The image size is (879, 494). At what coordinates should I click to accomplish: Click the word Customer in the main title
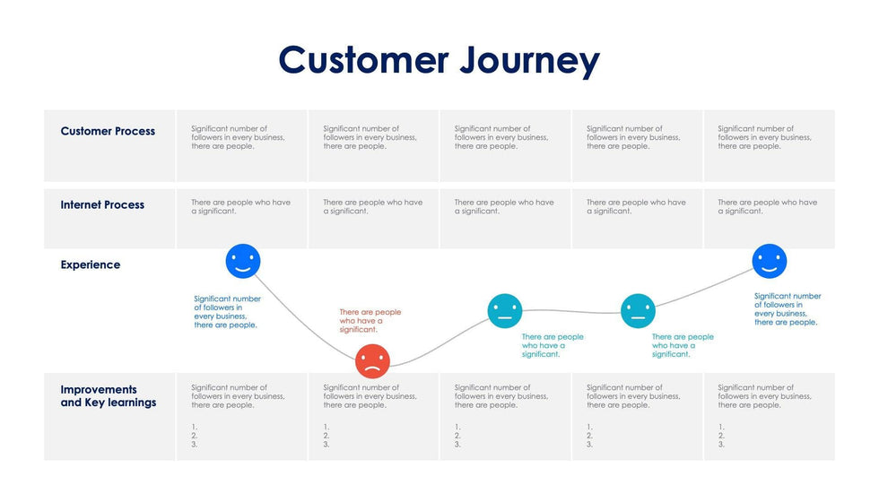point(363,60)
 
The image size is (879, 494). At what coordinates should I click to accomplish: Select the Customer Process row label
point(108,131)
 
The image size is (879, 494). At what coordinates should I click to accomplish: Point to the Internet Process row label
point(102,204)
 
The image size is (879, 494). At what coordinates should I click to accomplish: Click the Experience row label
point(91,264)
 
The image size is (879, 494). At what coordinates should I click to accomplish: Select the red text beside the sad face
point(370,321)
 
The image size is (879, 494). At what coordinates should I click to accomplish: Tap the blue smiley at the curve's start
point(242,261)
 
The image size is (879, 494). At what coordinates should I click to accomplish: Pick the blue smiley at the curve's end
point(769,261)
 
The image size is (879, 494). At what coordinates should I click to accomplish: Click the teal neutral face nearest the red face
point(505,310)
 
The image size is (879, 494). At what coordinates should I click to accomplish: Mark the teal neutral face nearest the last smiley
point(638,310)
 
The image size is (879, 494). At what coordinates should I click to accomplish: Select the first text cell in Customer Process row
point(238,137)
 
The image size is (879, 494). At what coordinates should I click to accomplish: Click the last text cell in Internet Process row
point(767,207)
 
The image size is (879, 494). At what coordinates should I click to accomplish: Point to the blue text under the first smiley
point(227,312)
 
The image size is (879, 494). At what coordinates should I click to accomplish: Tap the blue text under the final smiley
point(787,309)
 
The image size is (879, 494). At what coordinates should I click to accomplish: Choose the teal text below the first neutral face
point(552,345)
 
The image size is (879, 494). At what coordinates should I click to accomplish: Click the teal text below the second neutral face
point(682,345)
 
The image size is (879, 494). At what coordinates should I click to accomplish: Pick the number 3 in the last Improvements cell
point(721,445)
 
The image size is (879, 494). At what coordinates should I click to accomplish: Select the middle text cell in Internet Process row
point(503,207)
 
